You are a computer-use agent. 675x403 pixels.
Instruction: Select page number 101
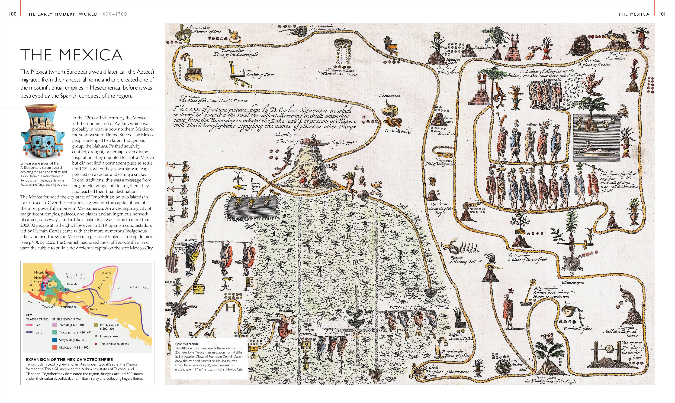(x=662, y=14)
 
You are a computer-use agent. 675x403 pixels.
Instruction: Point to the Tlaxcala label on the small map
(x=72, y=284)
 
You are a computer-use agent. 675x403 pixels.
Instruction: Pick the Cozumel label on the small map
(x=105, y=273)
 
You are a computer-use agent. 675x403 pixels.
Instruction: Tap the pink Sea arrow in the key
(x=30, y=325)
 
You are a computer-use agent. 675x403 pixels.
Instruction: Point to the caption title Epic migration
(x=187, y=344)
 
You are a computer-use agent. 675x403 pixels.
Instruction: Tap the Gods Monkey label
(x=398, y=131)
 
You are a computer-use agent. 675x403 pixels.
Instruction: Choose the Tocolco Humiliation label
(x=615, y=56)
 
